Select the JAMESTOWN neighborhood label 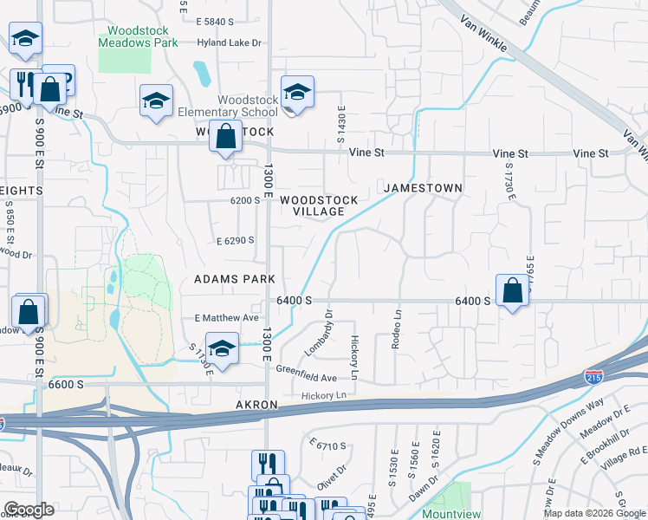(423, 187)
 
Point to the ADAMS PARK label (234, 279)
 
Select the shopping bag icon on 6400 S (513, 290)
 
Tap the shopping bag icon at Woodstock (225, 137)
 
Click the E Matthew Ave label (227, 318)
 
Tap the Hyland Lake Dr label (229, 42)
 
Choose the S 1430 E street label (340, 128)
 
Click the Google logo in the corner (29, 509)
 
